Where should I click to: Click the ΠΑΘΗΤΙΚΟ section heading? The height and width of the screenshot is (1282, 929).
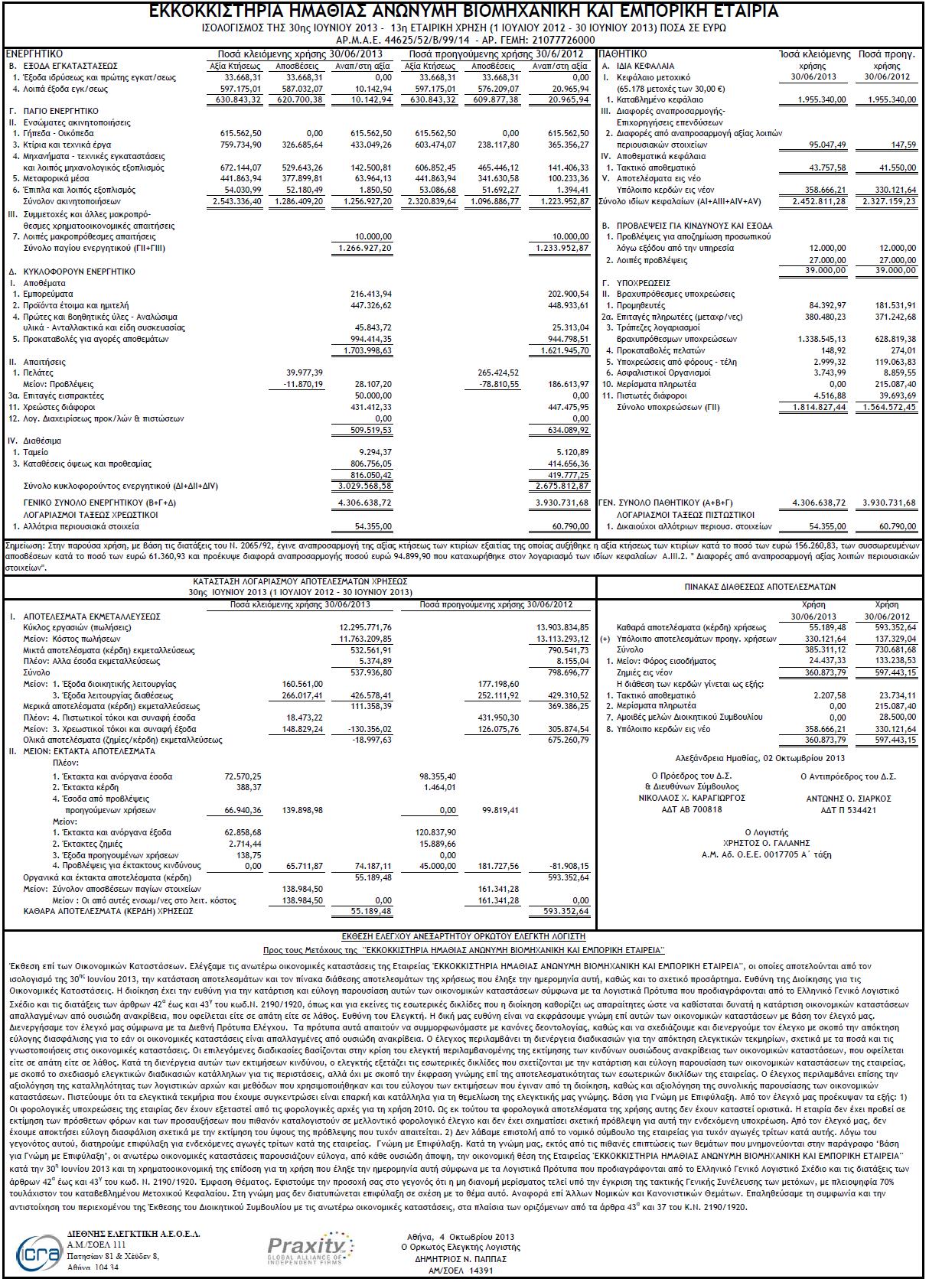623,54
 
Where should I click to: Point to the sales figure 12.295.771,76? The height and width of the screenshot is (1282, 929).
365,627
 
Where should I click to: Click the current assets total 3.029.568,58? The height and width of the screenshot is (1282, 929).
365,486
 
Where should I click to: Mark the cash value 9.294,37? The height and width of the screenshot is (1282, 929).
371,452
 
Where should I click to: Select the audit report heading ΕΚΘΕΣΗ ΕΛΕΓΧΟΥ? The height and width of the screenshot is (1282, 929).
463,936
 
